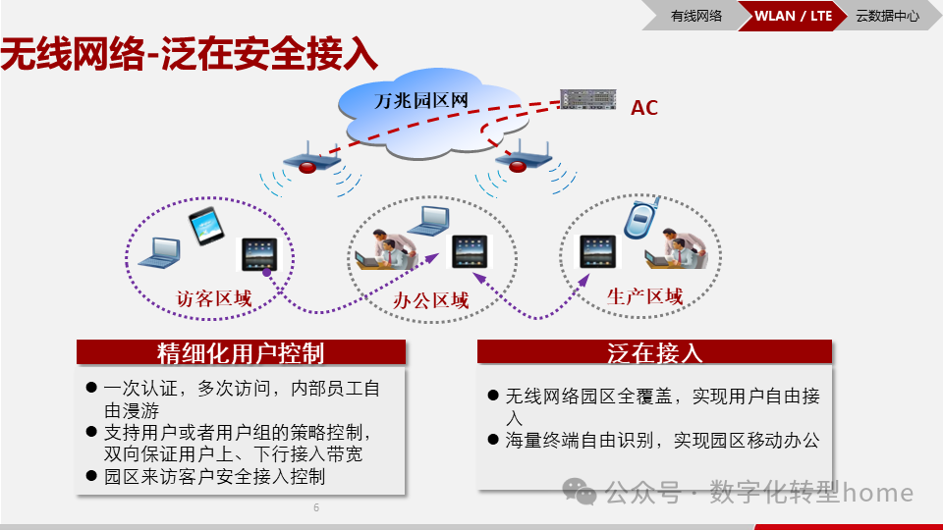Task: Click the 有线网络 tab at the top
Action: [695, 16]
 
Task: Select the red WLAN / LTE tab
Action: [792, 16]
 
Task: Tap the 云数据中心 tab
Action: [887, 16]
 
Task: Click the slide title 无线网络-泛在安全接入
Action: [189, 55]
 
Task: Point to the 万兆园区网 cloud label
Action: [420, 100]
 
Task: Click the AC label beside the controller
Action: [644, 108]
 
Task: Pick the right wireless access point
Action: [520, 160]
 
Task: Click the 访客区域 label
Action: [213, 297]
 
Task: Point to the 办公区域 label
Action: [430, 300]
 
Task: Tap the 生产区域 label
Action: [644, 297]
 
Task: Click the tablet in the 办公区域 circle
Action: [469, 252]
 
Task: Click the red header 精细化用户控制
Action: [241, 352]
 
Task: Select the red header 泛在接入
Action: [654, 352]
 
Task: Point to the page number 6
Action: [316, 507]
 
